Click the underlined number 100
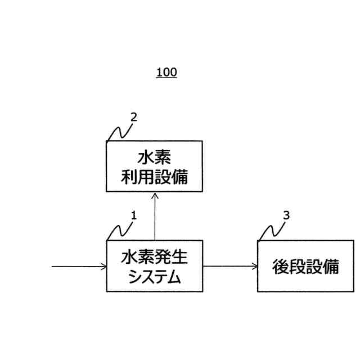click(x=166, y=73)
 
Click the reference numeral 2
click(x=133, y=118)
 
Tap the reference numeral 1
click(x=133, y=215)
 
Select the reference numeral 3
click(x=286, y=215)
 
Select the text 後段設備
click(x=305, y=266)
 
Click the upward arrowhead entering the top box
click(x=155, y=195)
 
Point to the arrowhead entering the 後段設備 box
click(x=254, y=266)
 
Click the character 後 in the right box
click(x=281, y=266)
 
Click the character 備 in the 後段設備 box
click(x=331, y=266)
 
